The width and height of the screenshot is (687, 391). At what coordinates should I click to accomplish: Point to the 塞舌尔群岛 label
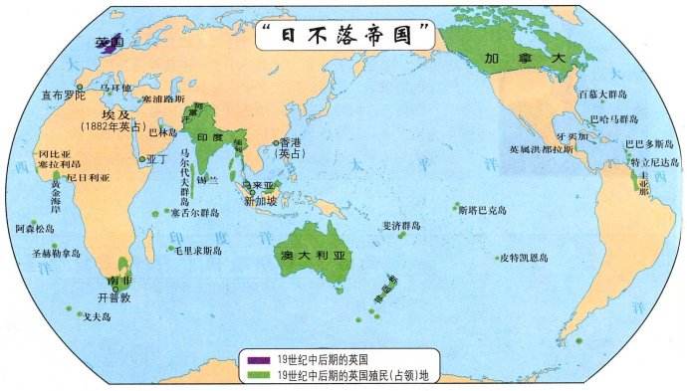point(195,212)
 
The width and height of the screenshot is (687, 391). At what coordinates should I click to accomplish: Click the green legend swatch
point(257,374)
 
